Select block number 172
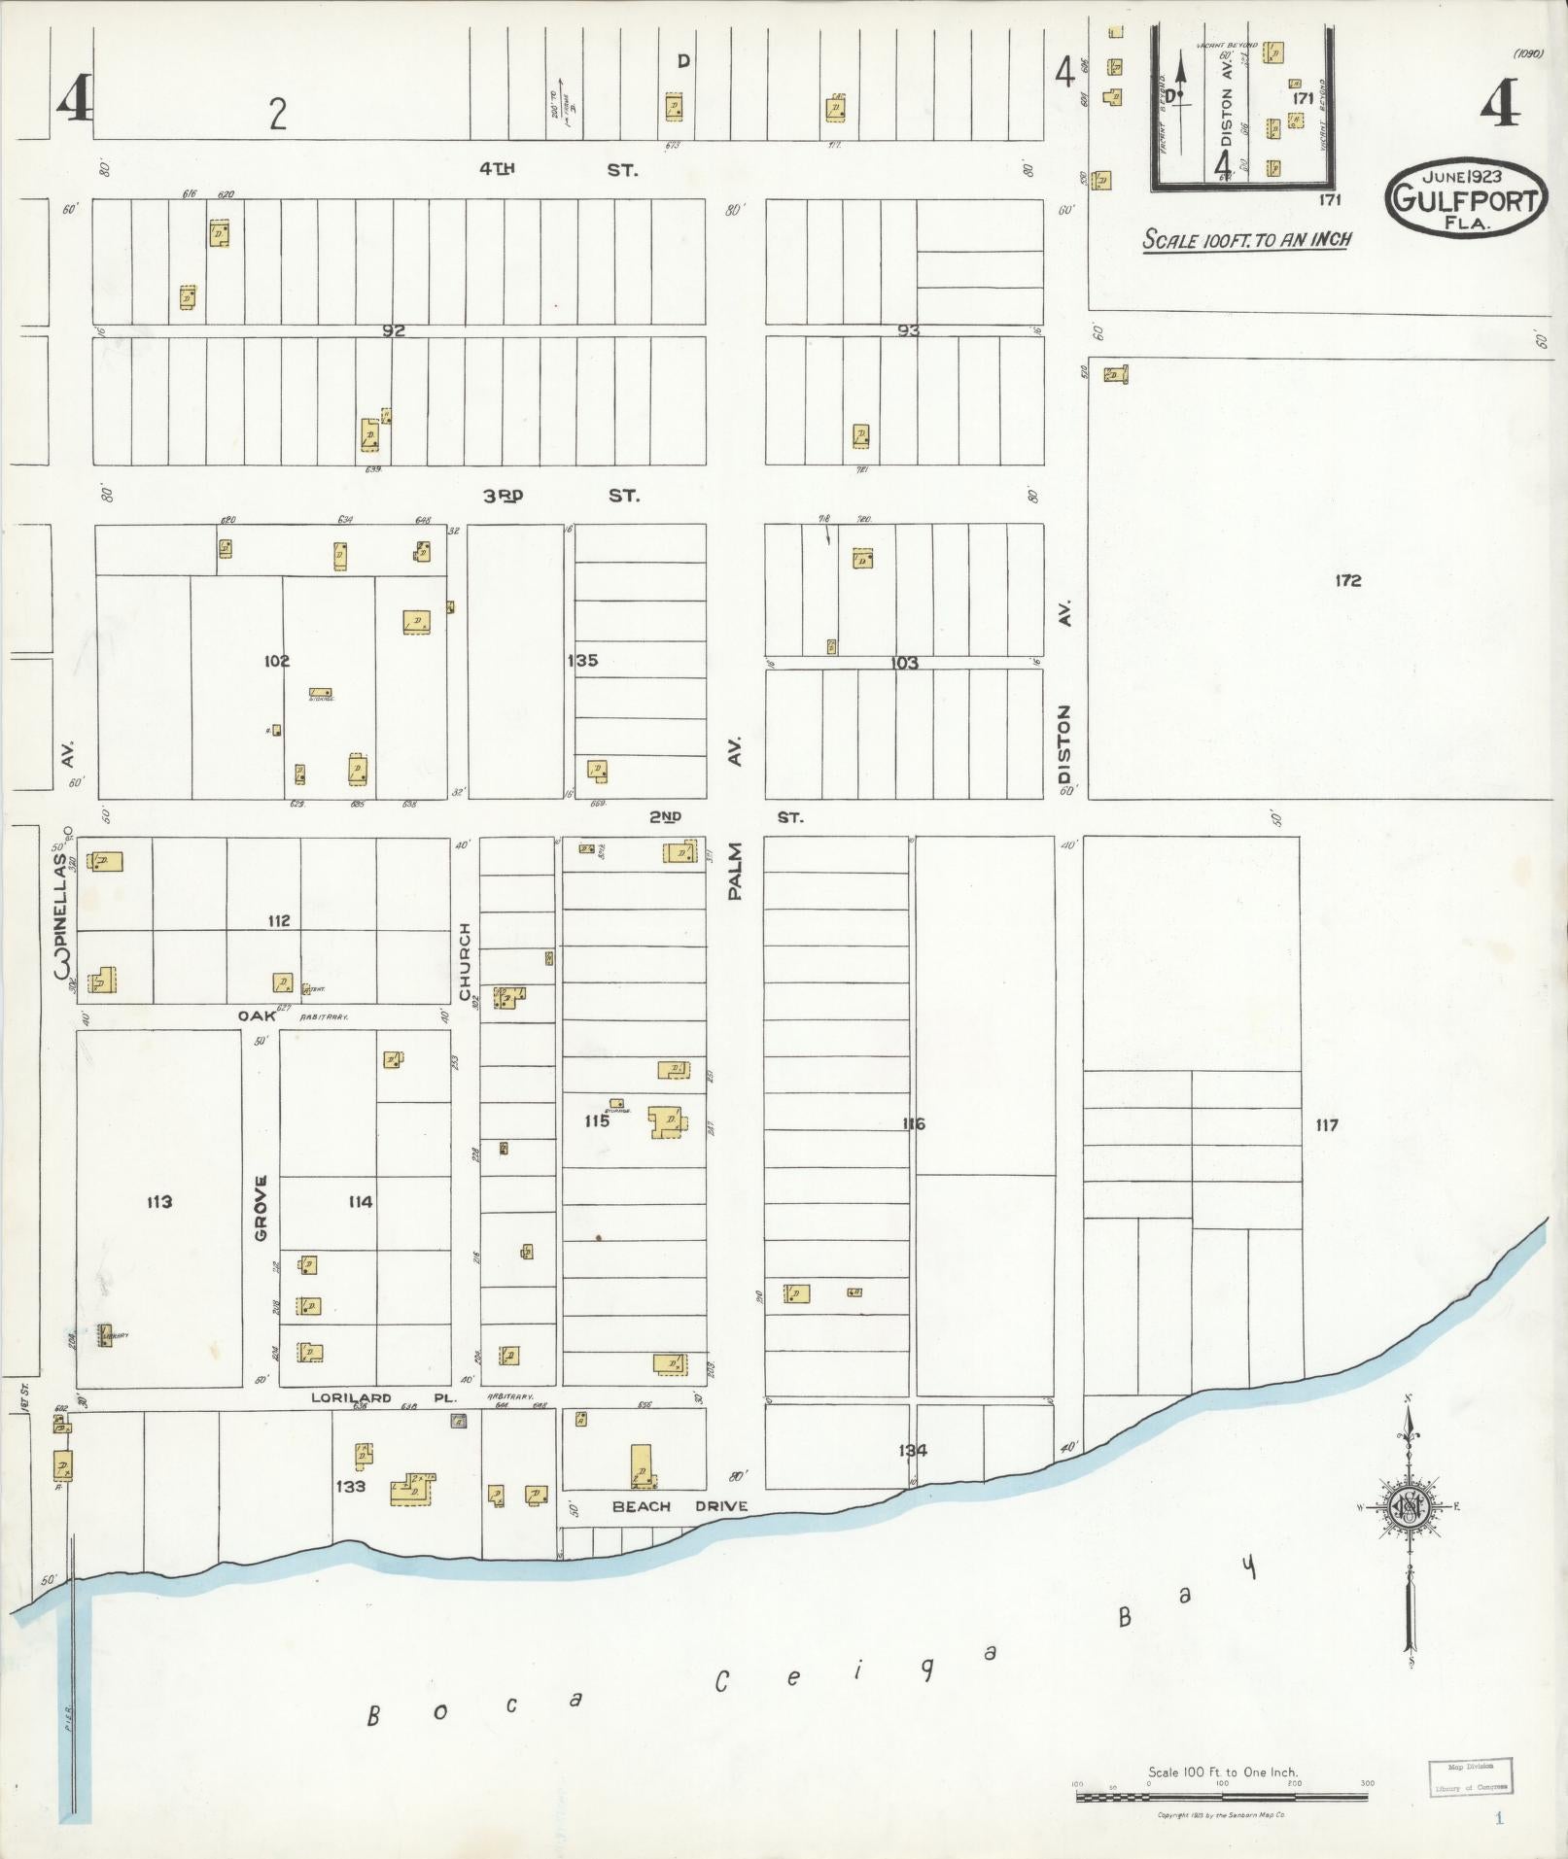1347,580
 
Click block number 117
1326,1124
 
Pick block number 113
159,1202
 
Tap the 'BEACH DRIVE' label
679,1506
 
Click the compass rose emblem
1408,1507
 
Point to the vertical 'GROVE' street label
261,1208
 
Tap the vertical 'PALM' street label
734,872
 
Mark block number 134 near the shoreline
912,1450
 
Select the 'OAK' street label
258,1016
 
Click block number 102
276,661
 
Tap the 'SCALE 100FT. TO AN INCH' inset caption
1246,239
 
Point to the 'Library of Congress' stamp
1471,1775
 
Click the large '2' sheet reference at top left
278,115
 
